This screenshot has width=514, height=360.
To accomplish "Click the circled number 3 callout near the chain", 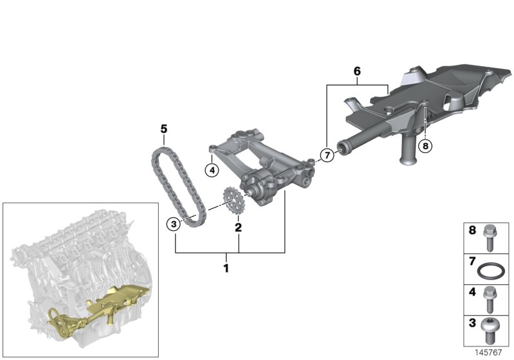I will (173, 224).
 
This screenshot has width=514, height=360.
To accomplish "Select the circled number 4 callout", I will (210, 170).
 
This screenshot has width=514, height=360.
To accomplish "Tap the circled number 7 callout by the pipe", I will (326, 155).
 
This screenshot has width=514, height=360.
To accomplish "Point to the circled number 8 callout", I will (425, 145).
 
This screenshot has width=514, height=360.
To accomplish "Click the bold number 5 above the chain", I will (164, 130).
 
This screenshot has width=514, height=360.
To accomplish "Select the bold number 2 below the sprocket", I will (238, 227).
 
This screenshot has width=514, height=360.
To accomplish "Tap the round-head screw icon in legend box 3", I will (492, 330).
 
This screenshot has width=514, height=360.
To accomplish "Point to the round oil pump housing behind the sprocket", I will (255, 190).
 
